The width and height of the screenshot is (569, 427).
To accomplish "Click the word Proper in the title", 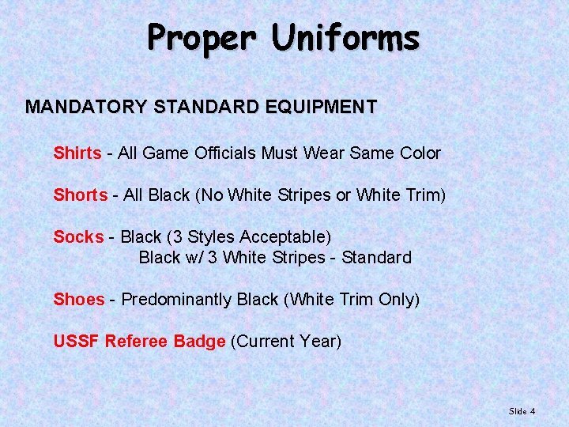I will click(x=202, y=38).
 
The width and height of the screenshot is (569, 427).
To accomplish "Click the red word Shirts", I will click(x=77, y=153).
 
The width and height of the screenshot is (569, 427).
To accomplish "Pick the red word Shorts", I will click(x=80, y=195).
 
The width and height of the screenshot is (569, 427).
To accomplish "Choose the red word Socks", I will click(x=78, y=236).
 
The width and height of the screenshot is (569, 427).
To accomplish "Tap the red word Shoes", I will click(x=78, y=300).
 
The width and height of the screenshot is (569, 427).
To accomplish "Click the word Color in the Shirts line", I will click(x=419, y=153).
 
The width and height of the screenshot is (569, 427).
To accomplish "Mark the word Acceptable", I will click(x=285, y=236).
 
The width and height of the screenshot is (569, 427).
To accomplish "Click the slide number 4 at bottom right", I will click(x=533, y=411).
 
